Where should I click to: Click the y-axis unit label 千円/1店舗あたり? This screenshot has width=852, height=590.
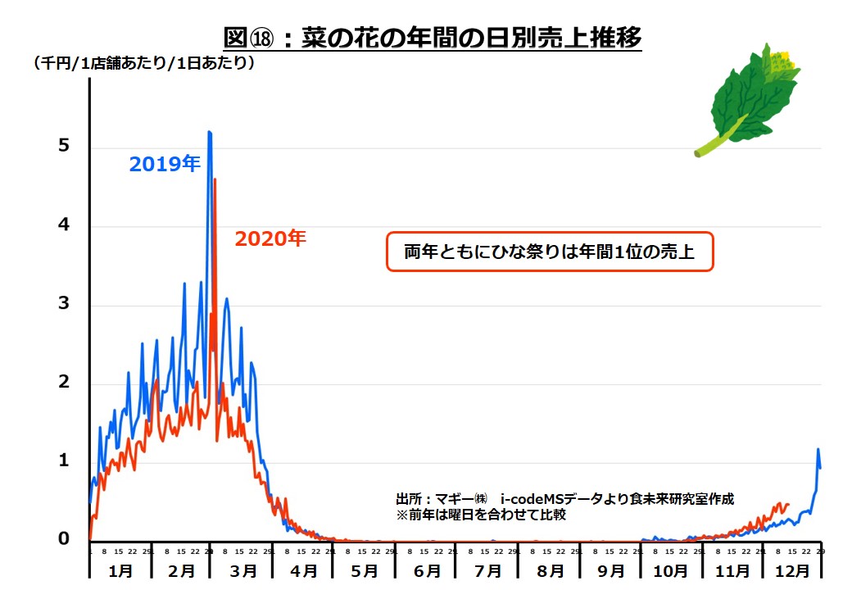(x=144, y=63)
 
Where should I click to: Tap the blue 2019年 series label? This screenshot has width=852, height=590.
(x=164, y=164)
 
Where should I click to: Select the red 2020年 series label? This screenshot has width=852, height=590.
(x=270, y=239)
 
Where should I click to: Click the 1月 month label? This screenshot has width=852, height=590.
(x=120, y=569)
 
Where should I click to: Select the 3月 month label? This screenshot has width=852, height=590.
(x=242, y=569)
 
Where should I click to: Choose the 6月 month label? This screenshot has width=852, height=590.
(x=427, y=569)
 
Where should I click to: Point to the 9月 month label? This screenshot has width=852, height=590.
(x=610, y=569)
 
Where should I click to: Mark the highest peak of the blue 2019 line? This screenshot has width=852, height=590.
(x=210, y=132)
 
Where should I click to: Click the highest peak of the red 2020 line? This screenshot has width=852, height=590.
(x=215, y=179)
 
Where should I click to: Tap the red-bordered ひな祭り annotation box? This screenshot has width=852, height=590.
(x=550, y=252)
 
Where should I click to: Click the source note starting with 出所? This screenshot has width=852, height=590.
(x=564, y=498)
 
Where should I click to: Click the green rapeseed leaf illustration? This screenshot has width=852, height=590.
(x=750, y=98)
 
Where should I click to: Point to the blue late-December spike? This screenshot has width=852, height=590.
(x=818, y=450)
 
